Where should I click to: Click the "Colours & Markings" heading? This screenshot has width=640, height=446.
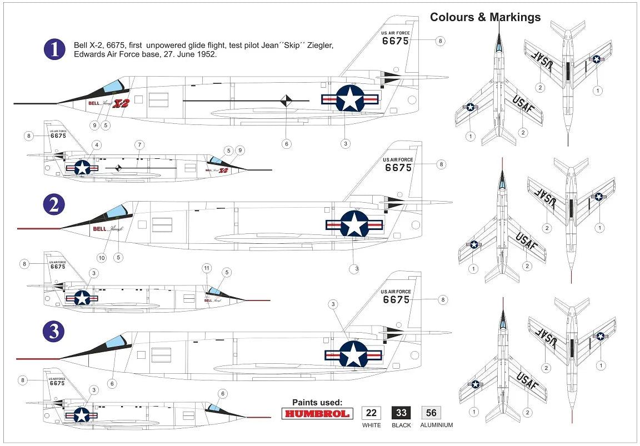[x=485, y=17]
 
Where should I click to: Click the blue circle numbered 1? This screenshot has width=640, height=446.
[x=54, y=49]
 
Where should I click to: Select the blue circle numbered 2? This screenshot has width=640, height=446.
[x=54, y=205]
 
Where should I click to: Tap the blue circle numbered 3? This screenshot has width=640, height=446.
[x=54, y=332]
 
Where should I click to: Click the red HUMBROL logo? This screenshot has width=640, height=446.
[x=317, y=413]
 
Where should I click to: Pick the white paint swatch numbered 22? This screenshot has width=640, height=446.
[x=372, y=413]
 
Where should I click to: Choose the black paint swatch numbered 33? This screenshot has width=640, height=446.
[x=401, y=413]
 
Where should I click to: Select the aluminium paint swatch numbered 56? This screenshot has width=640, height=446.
[x=431, y=413]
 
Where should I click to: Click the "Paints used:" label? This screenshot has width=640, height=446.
[x=317, y=402]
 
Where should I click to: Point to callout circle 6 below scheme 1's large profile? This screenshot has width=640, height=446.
[x=287, y=144]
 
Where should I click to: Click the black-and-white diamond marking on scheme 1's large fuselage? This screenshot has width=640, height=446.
[x=286, y=101]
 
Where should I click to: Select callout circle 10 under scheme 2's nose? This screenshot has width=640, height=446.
[x=102, y=257]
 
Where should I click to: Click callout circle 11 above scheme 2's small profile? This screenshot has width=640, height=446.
[x=207, y=268]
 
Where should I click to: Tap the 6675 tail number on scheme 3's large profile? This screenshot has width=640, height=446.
[x=397, y=300]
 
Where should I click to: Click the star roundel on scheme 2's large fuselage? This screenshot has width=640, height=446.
[x=354, y=224]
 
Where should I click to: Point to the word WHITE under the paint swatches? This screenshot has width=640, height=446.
[x=372, y=425]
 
